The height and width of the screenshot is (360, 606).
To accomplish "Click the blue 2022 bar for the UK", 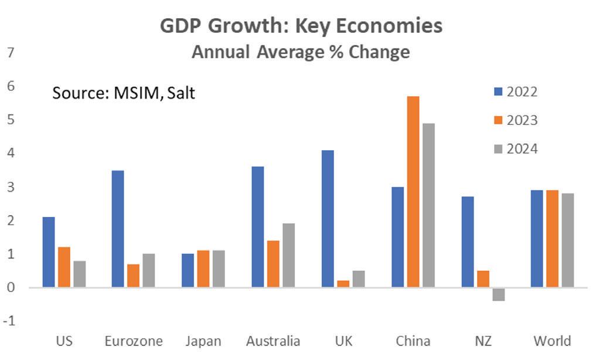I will [328, 219].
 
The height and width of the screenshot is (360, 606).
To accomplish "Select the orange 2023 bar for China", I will [413, 192].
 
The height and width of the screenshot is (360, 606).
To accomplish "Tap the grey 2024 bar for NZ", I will [499, 294].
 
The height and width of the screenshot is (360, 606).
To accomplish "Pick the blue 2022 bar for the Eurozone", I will [117, 229].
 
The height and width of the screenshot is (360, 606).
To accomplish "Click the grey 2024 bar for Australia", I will [288, 255].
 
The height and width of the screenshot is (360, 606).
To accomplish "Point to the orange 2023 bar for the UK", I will [343, 284].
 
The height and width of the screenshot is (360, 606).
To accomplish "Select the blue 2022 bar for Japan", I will [188, 270].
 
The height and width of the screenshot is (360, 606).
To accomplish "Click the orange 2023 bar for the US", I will [64, 267].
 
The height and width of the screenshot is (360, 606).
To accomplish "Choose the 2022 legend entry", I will [516, 91].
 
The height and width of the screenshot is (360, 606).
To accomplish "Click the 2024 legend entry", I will [516, 149].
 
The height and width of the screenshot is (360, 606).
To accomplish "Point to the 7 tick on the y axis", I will [10, 53].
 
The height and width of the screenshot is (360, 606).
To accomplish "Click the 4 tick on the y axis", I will [10, 154].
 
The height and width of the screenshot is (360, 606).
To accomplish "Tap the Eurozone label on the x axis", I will [134, 341].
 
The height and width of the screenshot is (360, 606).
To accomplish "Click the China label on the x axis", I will [413, 341].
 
